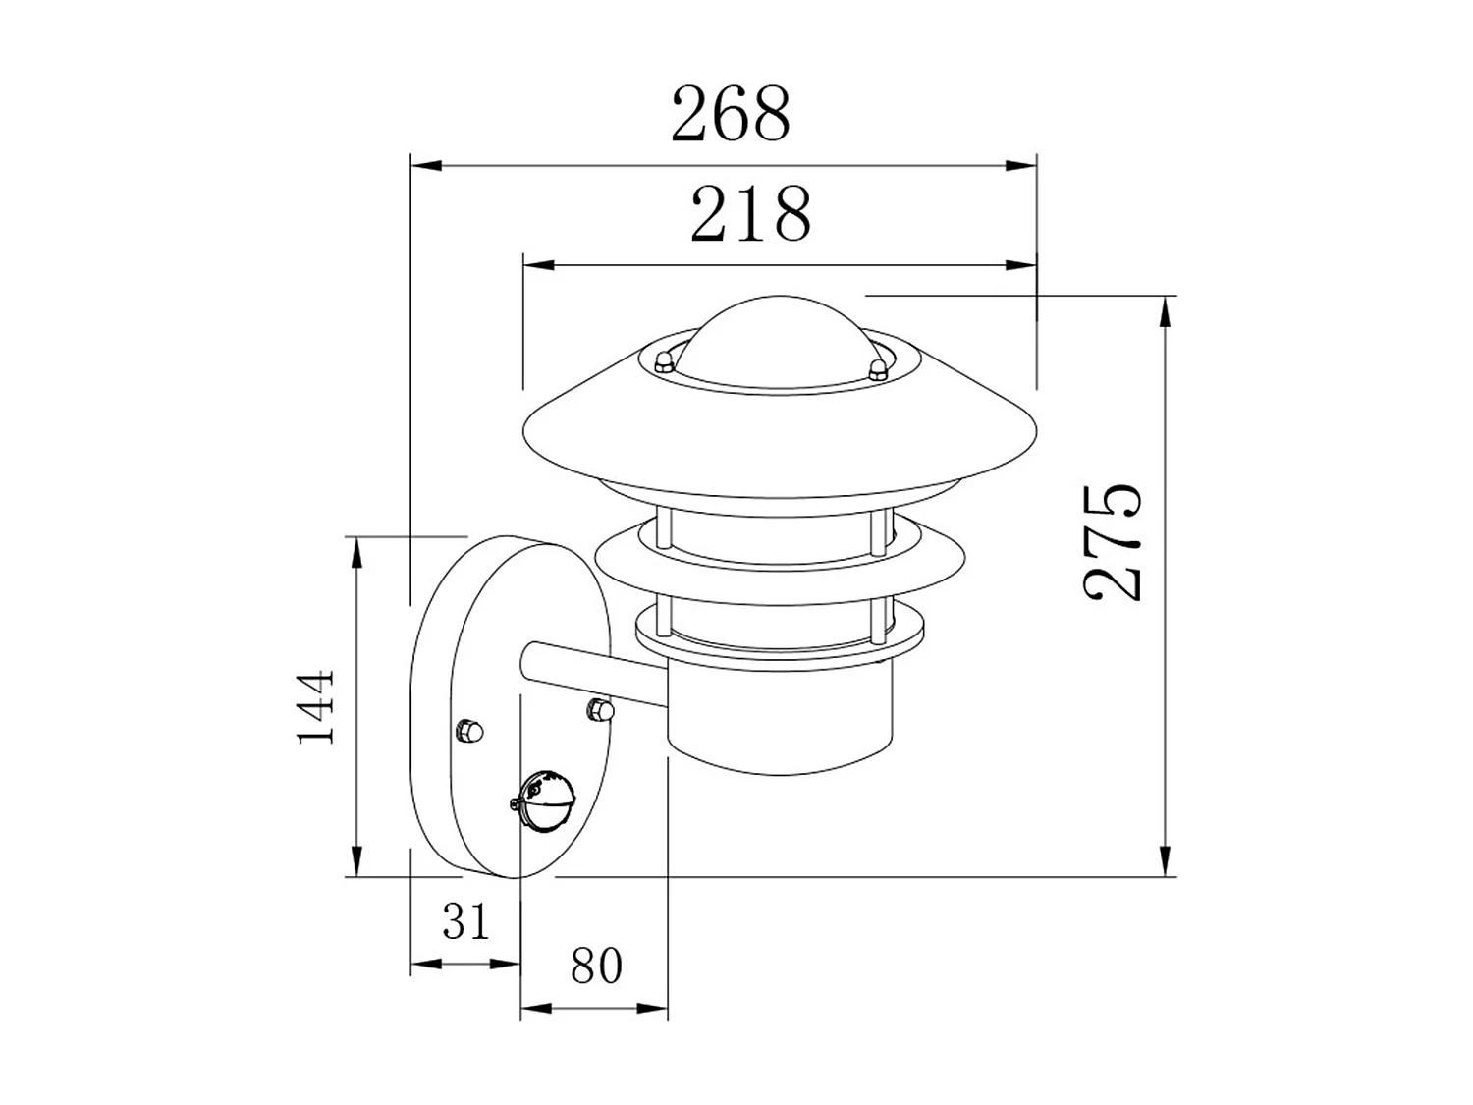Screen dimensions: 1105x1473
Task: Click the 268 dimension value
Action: (x=730, y=114)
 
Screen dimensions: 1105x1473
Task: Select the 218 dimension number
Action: (x=751, y=214)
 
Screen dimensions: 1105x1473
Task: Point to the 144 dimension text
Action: (x=315, y=707)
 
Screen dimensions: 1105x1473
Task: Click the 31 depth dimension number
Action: (x=464, y=921)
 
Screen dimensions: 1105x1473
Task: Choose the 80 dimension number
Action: (x=596, y=966)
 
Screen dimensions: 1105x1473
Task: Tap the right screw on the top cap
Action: (x=877, y=368)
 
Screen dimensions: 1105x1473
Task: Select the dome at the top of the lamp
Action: (x=776, y=339)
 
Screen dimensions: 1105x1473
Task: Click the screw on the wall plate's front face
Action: (x=468, y=730)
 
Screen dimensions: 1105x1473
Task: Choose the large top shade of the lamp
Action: (x=776, y=437)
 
